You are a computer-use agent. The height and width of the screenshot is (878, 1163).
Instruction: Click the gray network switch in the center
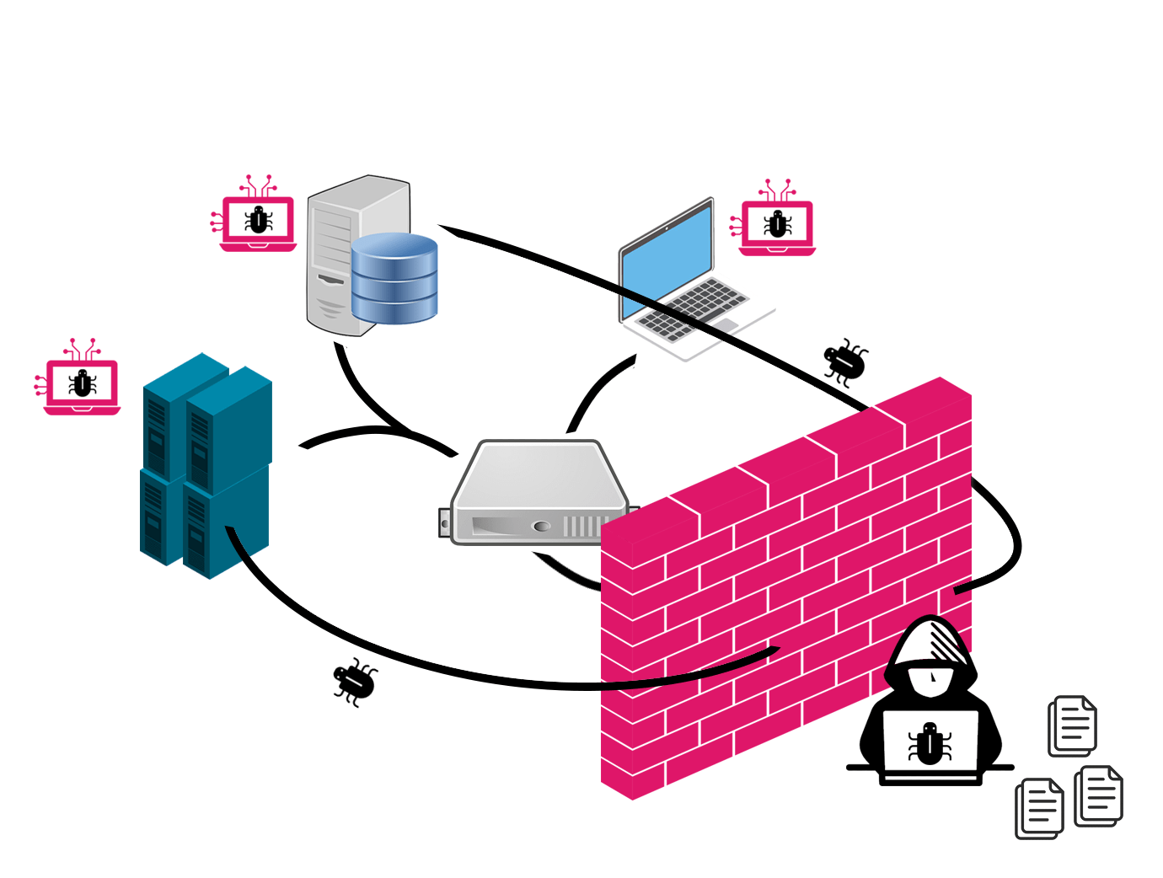[x=539, y=493]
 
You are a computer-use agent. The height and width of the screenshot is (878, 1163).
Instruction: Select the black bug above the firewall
[x=845, y=361]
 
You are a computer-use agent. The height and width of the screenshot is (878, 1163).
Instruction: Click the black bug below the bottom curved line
[x=355, y=680]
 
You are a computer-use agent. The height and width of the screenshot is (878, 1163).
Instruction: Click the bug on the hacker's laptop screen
[x=930, y=743]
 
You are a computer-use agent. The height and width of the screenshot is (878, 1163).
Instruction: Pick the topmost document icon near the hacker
[x=1072, y=725]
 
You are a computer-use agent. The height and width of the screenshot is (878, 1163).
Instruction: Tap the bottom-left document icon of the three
[x=1039, y=808]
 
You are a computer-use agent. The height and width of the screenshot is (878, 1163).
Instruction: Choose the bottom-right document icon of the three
[x=1099, y=795]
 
